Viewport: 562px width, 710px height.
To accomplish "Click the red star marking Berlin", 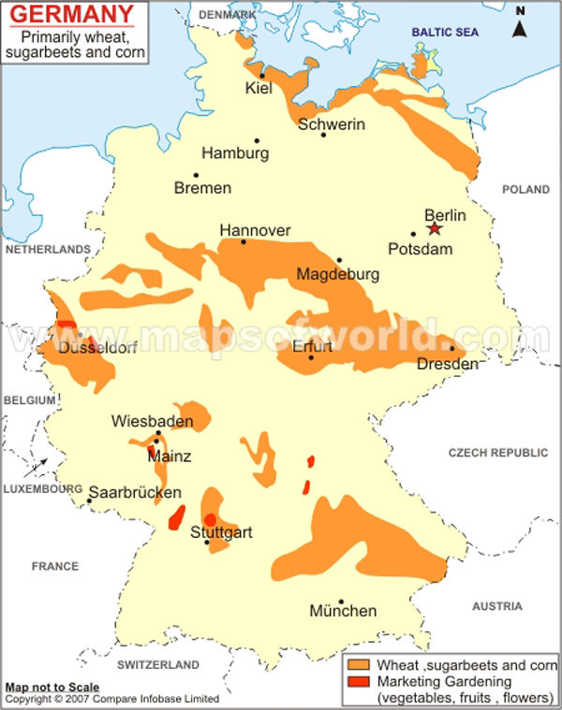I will point(434,228).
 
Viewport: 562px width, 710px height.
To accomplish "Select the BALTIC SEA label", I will point(446,33).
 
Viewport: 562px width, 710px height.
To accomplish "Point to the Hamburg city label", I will point(235,153).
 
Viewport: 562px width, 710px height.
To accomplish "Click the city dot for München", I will point(342,601).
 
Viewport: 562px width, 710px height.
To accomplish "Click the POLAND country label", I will point(525,189).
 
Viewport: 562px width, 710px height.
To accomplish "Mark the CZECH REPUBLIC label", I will point(497,452).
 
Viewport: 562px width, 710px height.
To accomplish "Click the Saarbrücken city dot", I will point(90,500).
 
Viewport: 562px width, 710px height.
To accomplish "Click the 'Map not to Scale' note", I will point(52,688).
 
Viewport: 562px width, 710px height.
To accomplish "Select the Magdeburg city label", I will point(337,275).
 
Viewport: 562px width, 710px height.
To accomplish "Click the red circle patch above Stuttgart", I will point(211,519).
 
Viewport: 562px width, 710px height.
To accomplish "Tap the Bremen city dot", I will point(196,175).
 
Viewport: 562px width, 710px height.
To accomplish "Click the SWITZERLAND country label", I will point(158,664).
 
